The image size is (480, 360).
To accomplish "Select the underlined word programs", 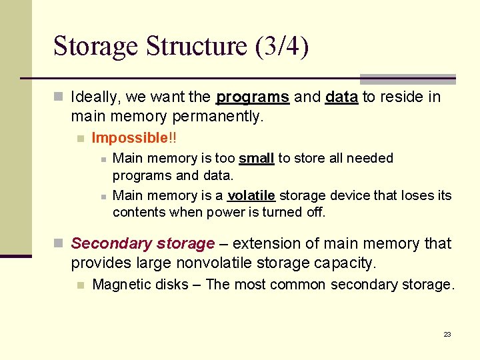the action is click(x=253, y=97).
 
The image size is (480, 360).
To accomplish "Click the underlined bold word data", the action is click(x=341, y=97).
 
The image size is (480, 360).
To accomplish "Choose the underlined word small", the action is click(x=257, y=158).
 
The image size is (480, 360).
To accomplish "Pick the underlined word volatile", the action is click(x=251, y=195).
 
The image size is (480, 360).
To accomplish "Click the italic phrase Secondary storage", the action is click(x=143, y=243).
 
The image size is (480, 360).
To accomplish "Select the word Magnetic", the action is click(x=121, y=285).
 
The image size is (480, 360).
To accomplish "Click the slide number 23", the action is click(x=447, y=334).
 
